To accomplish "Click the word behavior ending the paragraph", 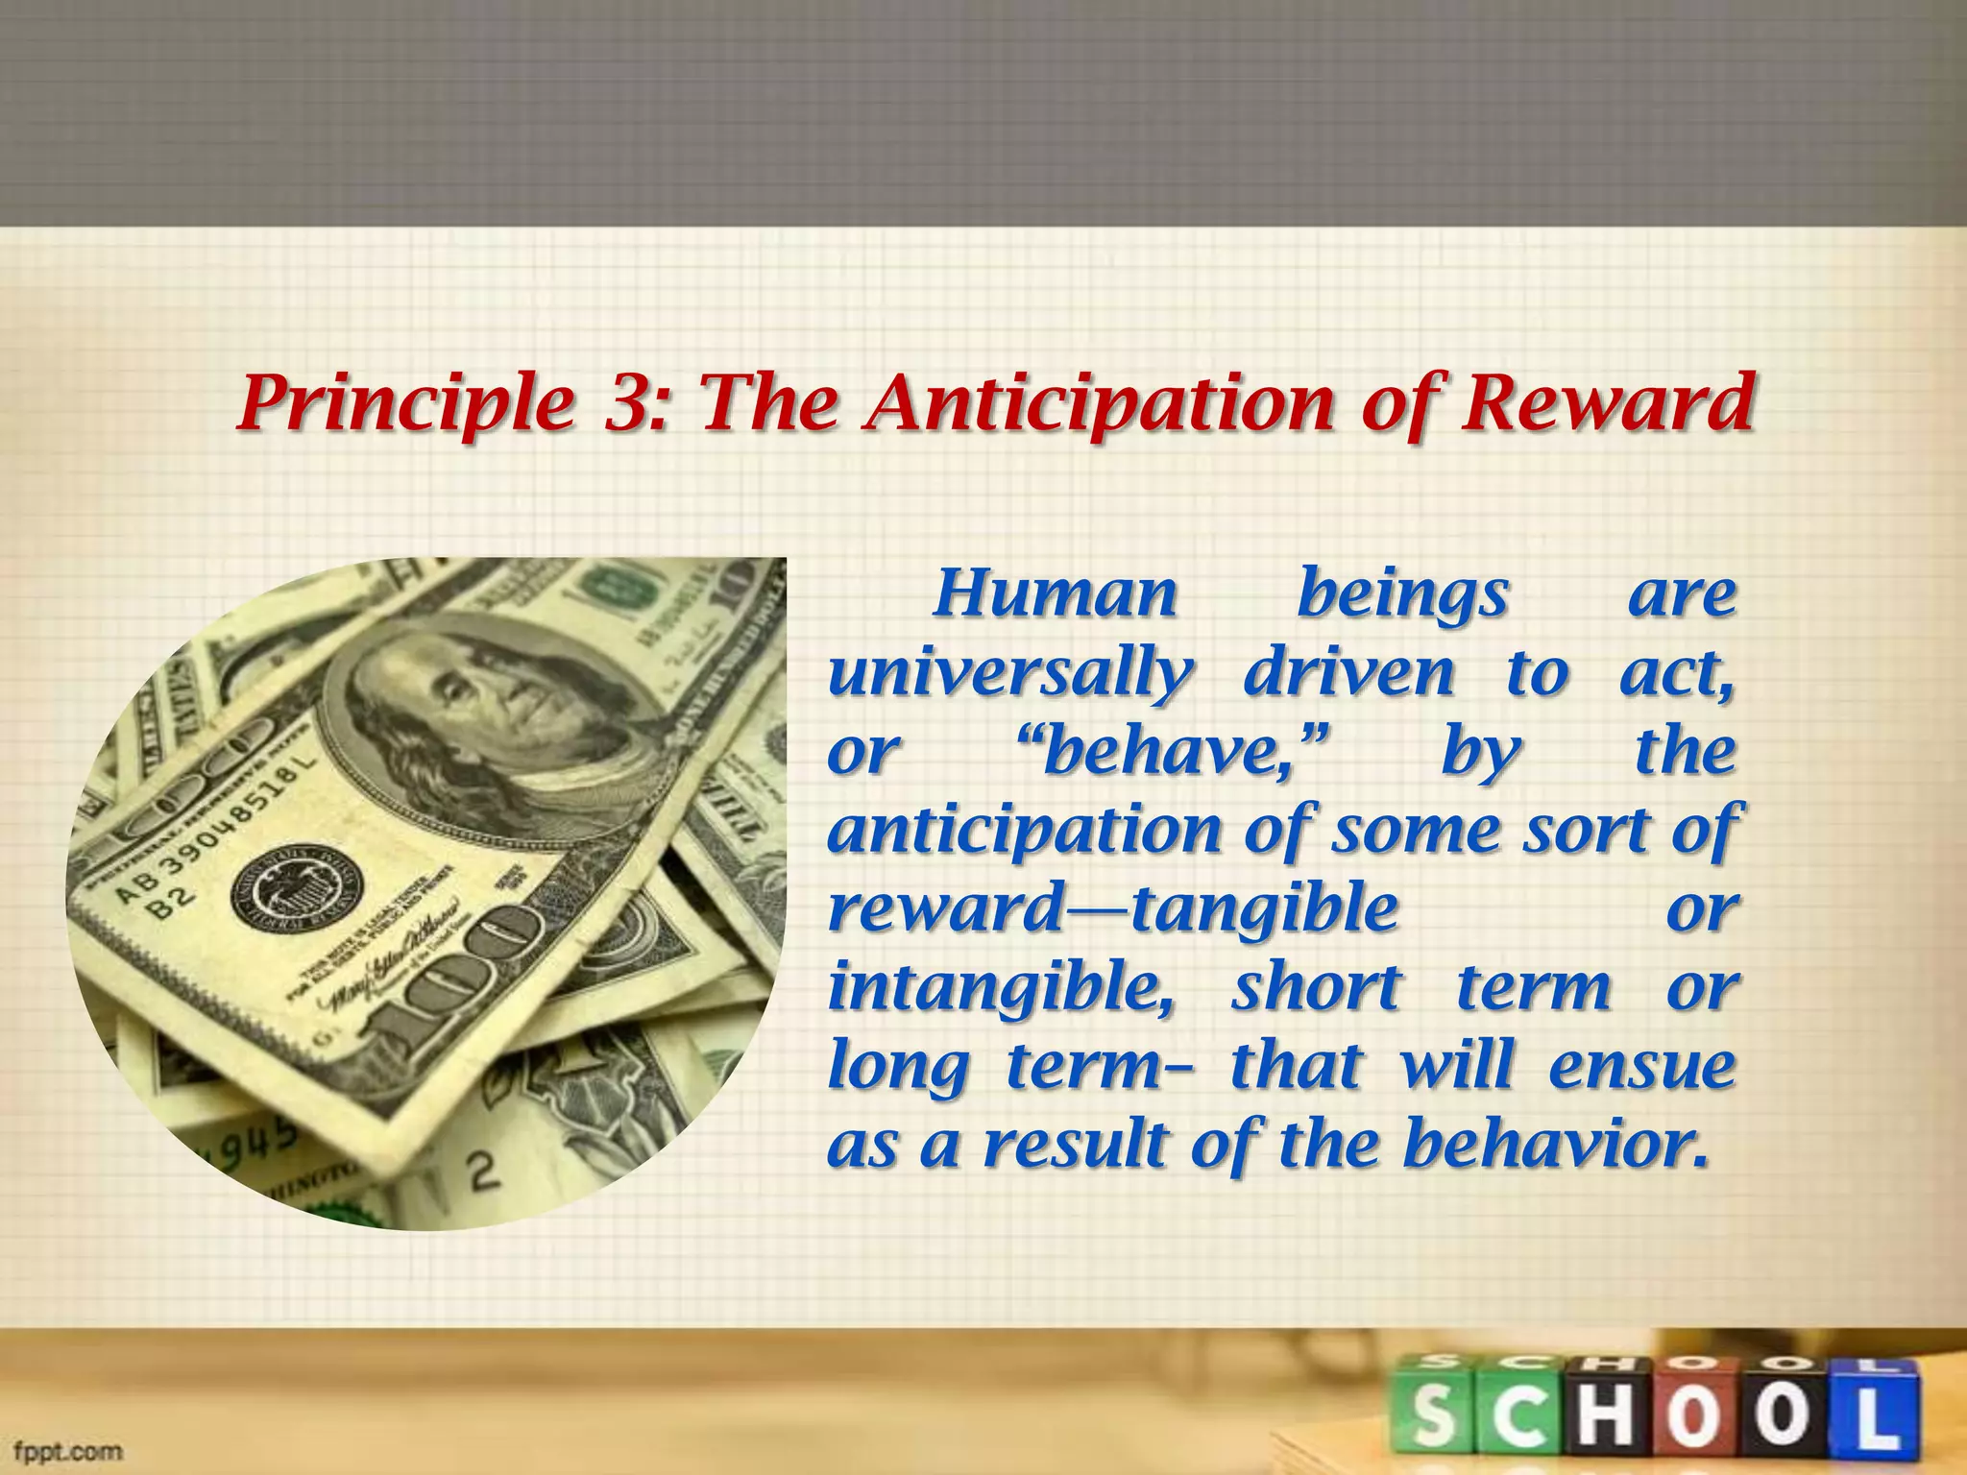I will pos(1556,1145).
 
